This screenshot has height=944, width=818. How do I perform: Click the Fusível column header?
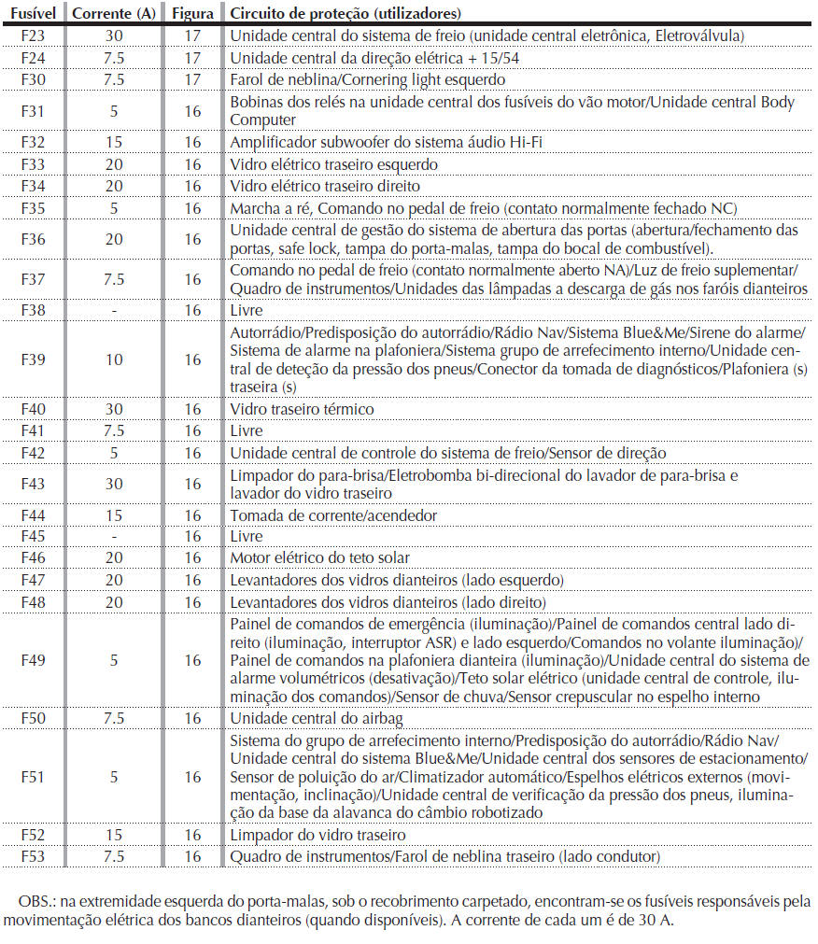31,14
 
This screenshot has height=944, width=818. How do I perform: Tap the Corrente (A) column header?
114,14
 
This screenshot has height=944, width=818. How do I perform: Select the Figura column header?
192,14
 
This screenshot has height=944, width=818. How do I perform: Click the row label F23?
32,36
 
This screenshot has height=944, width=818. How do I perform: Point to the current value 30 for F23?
114,36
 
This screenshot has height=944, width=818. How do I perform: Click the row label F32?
32,142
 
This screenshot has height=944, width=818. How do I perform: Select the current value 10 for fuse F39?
114,359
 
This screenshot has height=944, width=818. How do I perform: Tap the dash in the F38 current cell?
114,310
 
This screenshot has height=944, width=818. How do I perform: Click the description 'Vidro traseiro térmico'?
302,409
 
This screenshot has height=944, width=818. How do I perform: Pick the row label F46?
32,558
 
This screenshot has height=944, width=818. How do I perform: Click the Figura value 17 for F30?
192,79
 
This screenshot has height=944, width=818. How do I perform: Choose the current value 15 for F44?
114,515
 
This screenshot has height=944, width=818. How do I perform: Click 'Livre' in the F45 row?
247,537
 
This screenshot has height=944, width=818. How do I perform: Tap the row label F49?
32,660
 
